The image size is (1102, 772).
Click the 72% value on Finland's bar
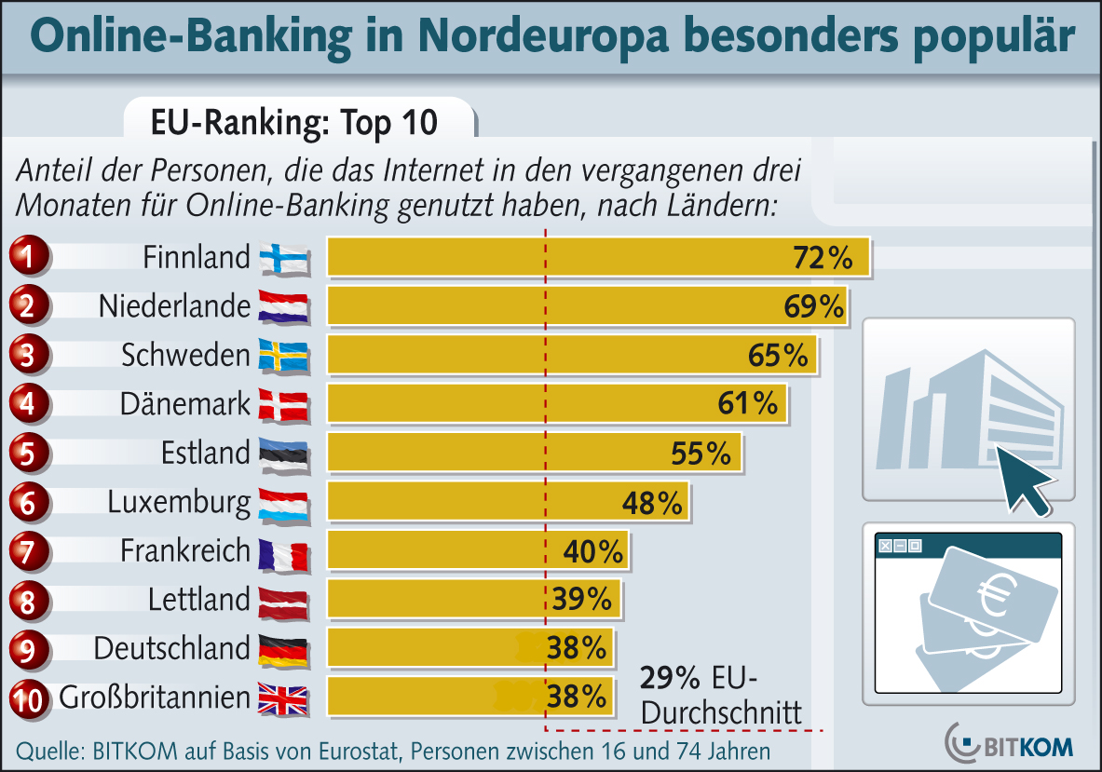[823, 258]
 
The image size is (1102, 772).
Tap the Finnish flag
[283, 259]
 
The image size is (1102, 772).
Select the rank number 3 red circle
[29, 355]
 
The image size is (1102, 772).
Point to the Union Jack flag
[283, 698]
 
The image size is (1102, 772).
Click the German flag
[283, 649]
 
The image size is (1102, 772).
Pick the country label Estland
[206, 453]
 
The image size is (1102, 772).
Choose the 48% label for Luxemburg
[652, 503]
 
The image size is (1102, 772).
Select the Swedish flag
[283, 356]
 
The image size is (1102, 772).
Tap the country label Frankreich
[185, 550]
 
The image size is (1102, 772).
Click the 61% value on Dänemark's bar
[747, 403]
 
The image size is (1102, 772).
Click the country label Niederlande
[175, 306]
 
